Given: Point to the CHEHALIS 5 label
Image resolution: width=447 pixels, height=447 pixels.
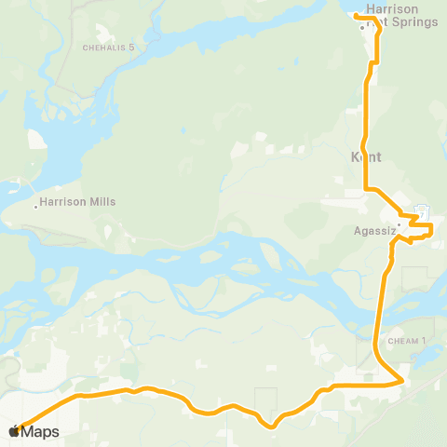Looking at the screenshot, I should tap(109, 47).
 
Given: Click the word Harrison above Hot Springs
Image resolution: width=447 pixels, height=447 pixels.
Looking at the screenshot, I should tap(392, 10).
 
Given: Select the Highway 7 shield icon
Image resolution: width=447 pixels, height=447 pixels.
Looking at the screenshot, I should tap(421, 210).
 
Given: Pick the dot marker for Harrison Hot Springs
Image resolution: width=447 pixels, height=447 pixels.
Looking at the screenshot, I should tap(362, 27).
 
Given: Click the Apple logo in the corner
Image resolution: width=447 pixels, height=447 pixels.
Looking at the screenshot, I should tap(13, 431).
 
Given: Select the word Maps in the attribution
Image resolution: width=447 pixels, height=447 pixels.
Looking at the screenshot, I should tap(40, 431).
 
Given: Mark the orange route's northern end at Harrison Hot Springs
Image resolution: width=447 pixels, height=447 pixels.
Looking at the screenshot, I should tap(357, 13).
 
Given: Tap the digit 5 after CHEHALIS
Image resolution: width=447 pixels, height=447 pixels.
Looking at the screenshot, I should tap(132, 47).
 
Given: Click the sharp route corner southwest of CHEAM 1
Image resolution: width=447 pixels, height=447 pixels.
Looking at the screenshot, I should tap(401, 380).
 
